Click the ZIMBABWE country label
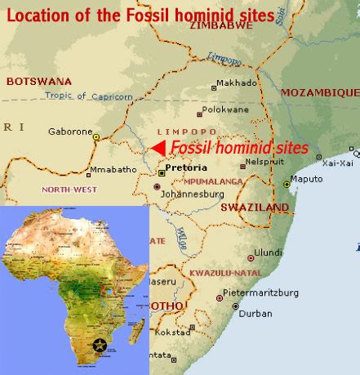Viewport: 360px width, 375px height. tap(221, 26)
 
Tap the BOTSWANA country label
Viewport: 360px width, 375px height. tap(38, 81)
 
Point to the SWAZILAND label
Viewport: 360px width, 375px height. tap(255, 208)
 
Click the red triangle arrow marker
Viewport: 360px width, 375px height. tap(160, 146)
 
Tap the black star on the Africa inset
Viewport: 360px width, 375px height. tap(100, 346)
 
